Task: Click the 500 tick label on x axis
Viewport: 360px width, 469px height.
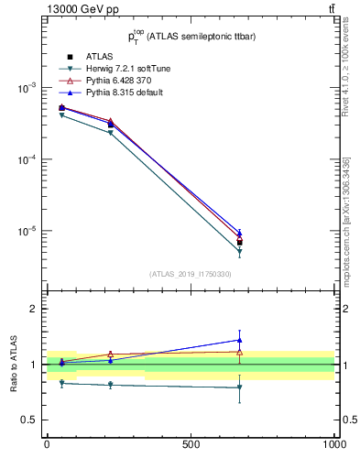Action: pos(191,443)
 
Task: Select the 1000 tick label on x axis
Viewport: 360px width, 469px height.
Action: pos(333,443)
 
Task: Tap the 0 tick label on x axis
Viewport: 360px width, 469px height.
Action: pos(47,443)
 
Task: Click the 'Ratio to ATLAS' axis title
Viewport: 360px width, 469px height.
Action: pos(15,365)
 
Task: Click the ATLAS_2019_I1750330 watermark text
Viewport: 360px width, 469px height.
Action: pos(191,274)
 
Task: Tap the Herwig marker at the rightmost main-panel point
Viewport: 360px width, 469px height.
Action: pos(239,252)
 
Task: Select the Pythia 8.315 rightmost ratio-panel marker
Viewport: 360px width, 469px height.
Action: pos(239,340)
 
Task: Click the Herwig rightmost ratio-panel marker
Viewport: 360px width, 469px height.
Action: pos(239,388)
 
